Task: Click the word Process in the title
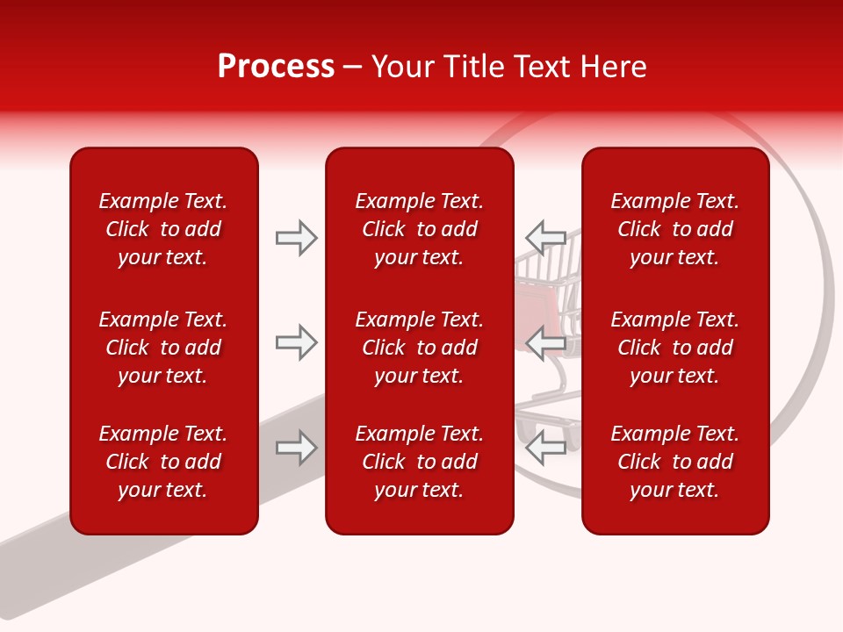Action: [x=276, y=67]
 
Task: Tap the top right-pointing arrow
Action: [x=297, y=238]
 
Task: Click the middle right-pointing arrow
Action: [x=297, y=342]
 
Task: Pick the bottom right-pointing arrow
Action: [x=297, y=448]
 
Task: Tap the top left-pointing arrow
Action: [x=545, y=237]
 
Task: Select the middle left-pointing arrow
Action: [x=545, y=342]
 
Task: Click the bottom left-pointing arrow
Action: [x=545, y=448]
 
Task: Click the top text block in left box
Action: [x=163, y=229]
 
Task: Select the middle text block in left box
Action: [x=163, y=348]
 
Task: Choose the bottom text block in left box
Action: [x=163, y=462]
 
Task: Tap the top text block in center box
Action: [x=419, y=229]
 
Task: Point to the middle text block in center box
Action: [x=419, y=348]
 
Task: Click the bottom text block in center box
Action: [x=419, y=462]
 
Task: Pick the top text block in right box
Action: [x=674, y=229]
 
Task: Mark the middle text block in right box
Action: [x=674, y=348]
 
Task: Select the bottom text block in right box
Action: [x=674, y=462]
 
